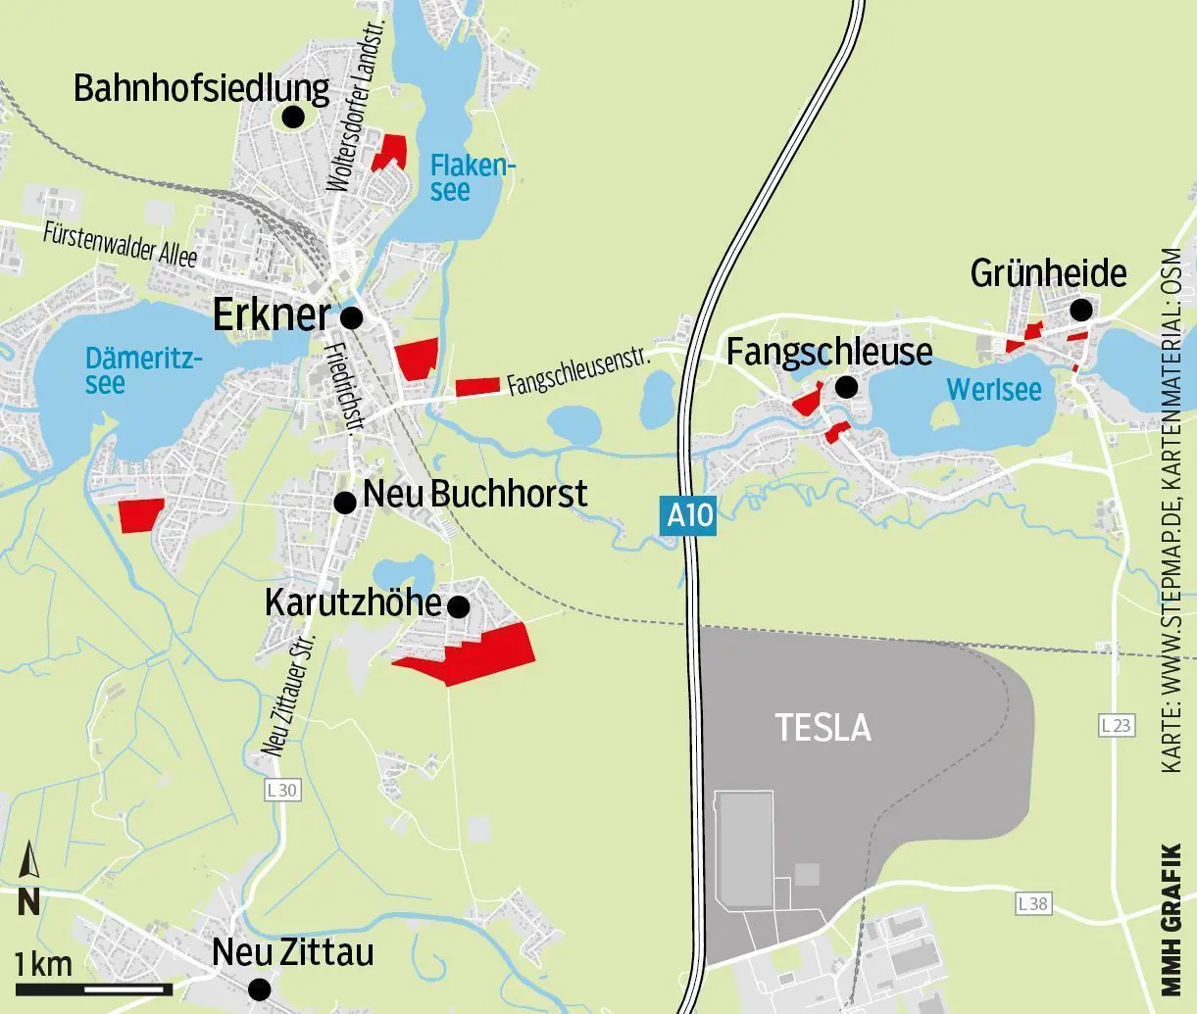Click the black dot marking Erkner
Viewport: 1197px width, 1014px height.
coord(351,317)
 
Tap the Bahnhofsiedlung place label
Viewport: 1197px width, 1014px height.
coord(201,89)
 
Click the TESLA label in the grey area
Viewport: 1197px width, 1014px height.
coord(823,728)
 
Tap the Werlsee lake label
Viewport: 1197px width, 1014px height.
coord(993,390)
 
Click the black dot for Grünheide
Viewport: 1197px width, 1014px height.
coord(1081,311)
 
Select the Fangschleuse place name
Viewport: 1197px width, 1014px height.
coord(829,352)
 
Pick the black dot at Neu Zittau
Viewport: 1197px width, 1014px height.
coord(259,989)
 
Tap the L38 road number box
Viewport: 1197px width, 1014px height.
coord(1032,903)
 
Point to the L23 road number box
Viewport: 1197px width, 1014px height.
coord(1116,726)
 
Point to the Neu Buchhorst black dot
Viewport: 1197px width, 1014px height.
coord(344,503)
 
